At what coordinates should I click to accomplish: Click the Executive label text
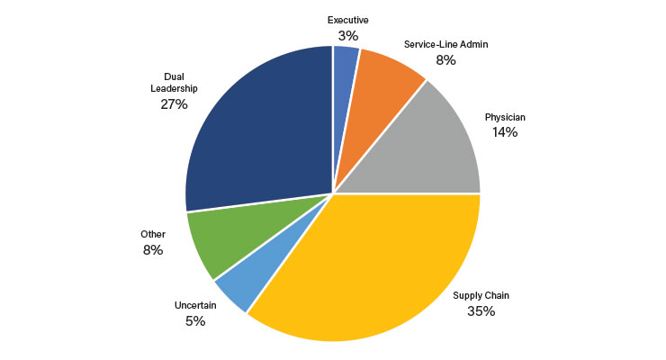pos(348,19)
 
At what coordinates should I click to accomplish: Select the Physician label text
pos(504,116)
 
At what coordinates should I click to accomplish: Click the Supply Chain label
pos(481,295)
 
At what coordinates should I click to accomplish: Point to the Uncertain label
pos(195,304)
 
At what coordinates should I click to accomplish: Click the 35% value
pos(481,311)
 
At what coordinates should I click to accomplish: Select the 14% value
pos(504,132)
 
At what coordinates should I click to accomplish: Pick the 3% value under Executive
pos(348,36)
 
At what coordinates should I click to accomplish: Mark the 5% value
pos(195,321)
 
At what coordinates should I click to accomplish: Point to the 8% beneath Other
pos(152,250)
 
